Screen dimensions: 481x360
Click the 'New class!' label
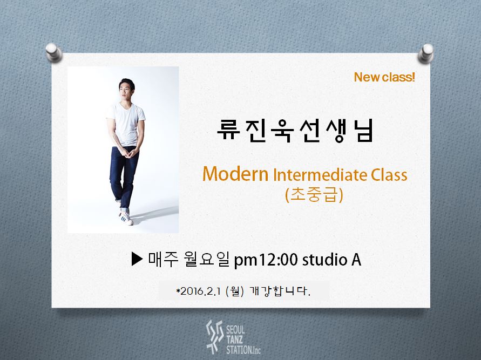(x=384, y=77)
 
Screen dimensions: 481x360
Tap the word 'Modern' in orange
(x=235, y=174)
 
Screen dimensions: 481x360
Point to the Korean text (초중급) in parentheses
(x=314, y=194)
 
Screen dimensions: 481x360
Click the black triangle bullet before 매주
(x=137, y=259)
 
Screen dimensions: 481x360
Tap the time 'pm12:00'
(x=266, y=260)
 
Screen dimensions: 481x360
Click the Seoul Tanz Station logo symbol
(x=214, y=336)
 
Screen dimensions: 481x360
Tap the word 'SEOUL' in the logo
(x=235, y=330)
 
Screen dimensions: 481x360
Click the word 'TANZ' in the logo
(x=235, y=340)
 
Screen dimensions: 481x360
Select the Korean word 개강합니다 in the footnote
(x=280, y=291)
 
